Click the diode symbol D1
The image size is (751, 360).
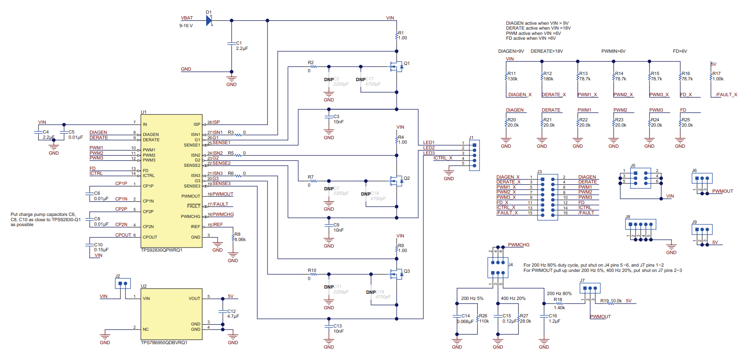click(209, 20)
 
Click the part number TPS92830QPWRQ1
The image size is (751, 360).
click(162, 250)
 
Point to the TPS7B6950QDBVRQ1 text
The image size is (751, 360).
click(164, 343)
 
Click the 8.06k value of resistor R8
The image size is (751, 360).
click(240, 239)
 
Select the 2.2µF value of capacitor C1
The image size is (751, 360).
click(242, 48)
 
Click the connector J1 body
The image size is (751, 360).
click(474, 155)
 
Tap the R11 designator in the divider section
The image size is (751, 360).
click(511, 74)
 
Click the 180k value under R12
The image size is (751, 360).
click(548, 79)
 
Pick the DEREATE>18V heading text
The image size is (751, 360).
click(546, 51)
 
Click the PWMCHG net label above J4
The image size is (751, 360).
click(518, 245)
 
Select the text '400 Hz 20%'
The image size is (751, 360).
click(513, 298)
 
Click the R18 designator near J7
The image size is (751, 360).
click(558, 300)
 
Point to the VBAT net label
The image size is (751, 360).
click(187, 18)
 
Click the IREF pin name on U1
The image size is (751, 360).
click(195, 226)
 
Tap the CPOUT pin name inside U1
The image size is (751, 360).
click(150, 237)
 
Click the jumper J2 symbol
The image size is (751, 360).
click(123, 283)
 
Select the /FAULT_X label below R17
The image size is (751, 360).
click(726, 95)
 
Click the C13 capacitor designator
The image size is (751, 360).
click(337, 326)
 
